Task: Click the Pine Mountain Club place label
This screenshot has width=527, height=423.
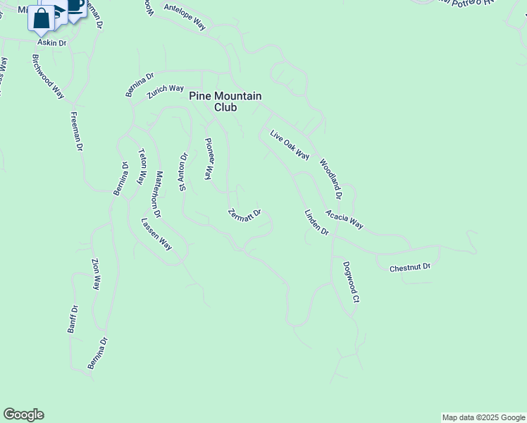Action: click(225, 102)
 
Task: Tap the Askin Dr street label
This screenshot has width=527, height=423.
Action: click(51, 43)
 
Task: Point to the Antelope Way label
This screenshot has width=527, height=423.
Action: click(184, 18)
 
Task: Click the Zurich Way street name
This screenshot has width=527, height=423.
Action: click(165, 91)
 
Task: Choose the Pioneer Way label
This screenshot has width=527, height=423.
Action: click(209, 159)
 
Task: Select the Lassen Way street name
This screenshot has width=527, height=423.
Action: click(156, 234)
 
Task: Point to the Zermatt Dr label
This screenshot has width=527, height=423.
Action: click(245, 213)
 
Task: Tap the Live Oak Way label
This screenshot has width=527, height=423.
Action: click(290, 145)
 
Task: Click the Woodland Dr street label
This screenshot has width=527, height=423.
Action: click(330, 179)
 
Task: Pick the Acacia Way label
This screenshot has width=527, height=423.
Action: click(345, 219)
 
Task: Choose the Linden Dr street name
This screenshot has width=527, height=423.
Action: click(316, 222)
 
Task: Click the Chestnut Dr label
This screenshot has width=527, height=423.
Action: click(409, 267)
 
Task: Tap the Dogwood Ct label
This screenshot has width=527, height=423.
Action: click(351, 282)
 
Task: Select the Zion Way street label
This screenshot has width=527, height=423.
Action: click(97, 274)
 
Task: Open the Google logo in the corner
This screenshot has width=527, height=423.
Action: click(23, 415)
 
